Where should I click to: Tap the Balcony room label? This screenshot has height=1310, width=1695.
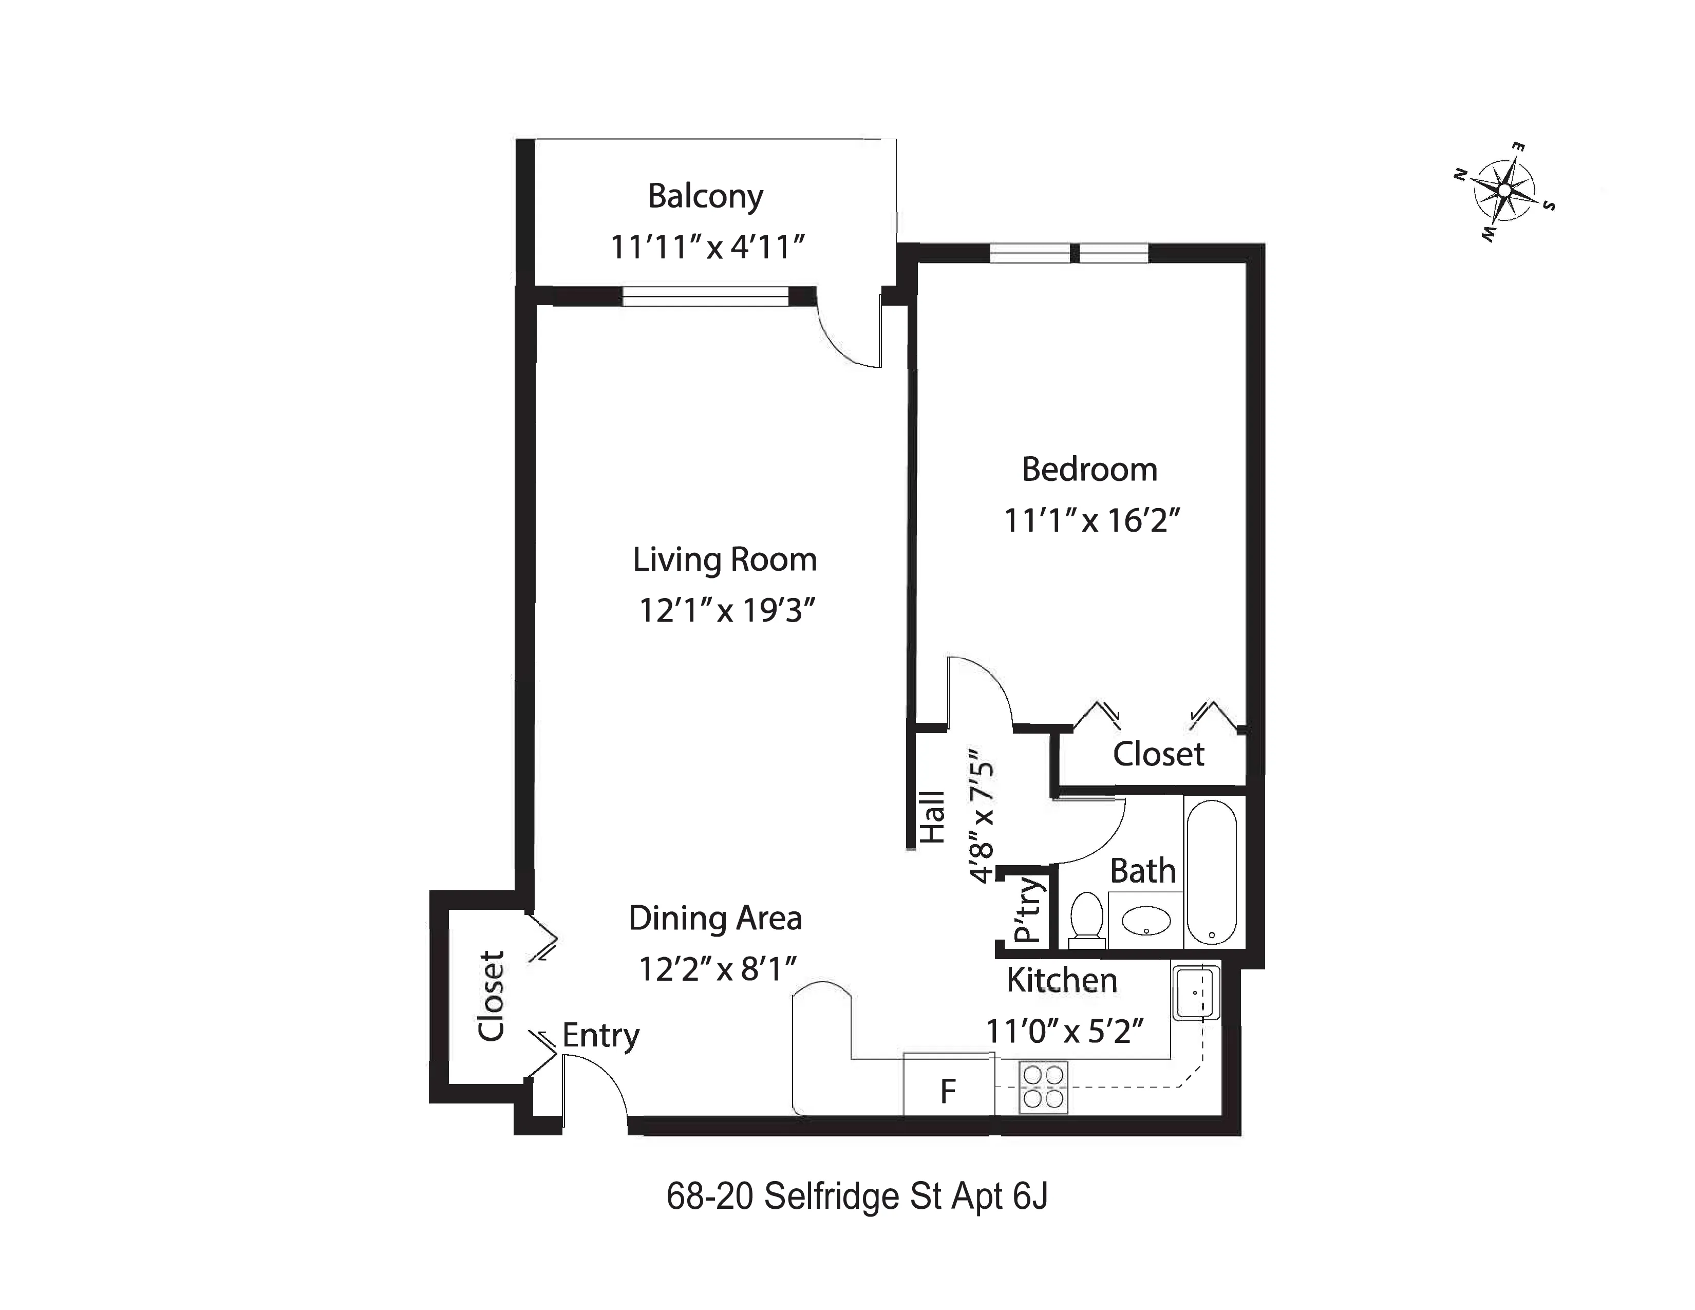coord(705,196)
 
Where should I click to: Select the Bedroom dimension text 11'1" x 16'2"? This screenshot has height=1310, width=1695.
coord(1091,520)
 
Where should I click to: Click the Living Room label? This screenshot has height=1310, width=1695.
coord(724,559)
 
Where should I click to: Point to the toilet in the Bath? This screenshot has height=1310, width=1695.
coord(1086,919)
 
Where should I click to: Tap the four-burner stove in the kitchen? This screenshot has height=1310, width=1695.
coord(1042,1087)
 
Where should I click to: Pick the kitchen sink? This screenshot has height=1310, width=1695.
coord(1195,993)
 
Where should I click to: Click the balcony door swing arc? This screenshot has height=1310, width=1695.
coord(847,335)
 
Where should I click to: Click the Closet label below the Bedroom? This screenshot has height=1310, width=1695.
coord(1158,754)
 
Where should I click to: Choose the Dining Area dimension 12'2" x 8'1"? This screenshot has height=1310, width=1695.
coord(718,968)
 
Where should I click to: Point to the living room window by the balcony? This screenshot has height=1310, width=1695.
coord(705,296)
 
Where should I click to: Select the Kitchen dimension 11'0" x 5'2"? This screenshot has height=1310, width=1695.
coord(1064,1031)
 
